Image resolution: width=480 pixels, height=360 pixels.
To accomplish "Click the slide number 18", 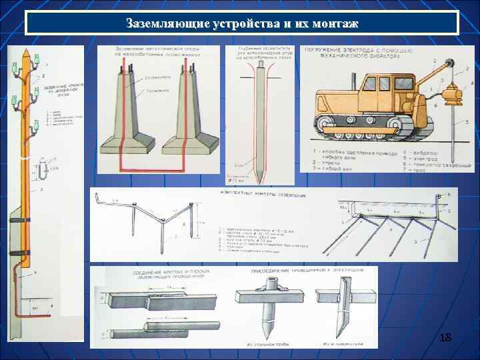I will point(445,340).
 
